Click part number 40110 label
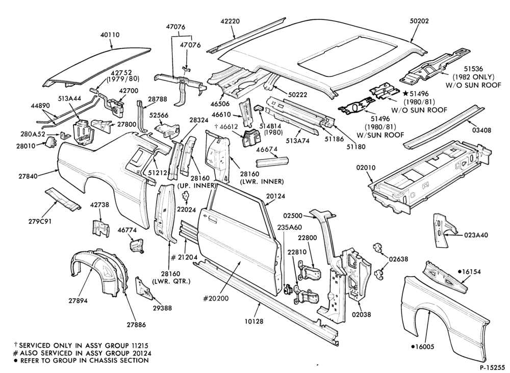click(110, 35)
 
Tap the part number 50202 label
click(419, 21)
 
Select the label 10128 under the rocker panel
click(253, 322)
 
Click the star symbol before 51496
click(405, 94)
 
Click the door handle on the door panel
click(210, 219)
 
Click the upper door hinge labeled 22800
click(311, 270)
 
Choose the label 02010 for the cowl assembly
click(366, 168)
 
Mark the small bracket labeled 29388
click(145, 287)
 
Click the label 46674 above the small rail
click(267, 149)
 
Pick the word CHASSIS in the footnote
click(90, 360)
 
